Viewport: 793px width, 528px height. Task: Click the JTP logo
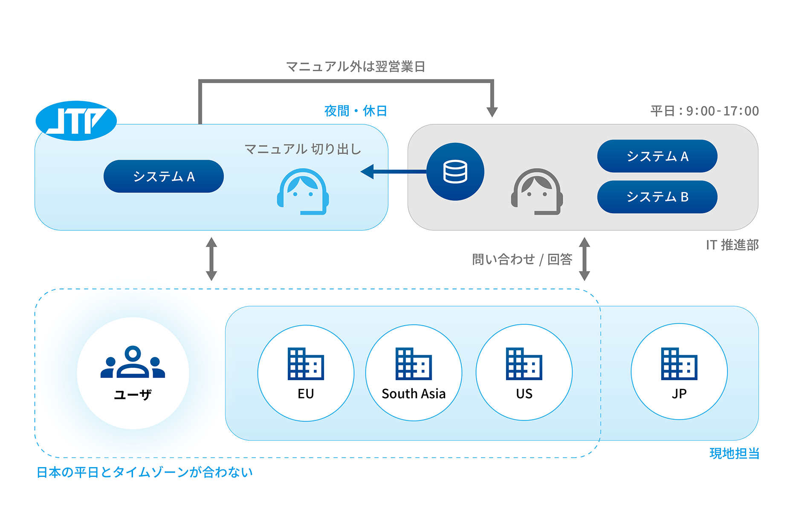coord(76,121)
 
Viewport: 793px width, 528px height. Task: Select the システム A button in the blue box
coord(164,176)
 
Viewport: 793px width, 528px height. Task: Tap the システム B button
coord(657,197)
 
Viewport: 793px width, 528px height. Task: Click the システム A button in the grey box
coord(657,156)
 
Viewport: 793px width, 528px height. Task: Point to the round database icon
coord(455,172)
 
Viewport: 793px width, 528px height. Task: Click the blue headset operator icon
coord(303,192)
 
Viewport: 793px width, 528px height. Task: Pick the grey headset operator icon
coord(537,192)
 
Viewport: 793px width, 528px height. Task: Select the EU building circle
coord(306,373)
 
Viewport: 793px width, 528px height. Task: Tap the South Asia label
coord(414,394)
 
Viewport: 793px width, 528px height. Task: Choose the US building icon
coord(524,364)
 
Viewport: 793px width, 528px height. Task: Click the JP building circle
coord(679,371)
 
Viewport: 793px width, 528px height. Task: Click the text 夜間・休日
coord(356,111)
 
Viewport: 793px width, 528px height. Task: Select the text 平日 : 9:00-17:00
coord(704,111)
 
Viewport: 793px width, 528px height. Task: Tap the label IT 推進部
coord(732,245)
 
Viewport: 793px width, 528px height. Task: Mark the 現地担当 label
coord(734,453)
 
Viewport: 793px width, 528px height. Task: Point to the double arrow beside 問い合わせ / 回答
coord(585,259)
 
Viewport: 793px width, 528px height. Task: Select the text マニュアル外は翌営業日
coord(356,67)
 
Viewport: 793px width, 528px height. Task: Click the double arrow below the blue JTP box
coord(211,259)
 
